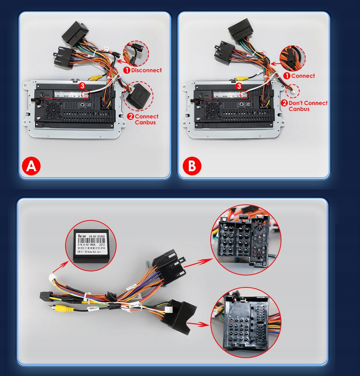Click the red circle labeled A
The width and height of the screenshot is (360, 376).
click(x=32, y=166)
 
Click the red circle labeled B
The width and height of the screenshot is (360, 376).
click(x=192, y=166)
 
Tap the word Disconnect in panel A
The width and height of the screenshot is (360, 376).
click(x=146, y=70)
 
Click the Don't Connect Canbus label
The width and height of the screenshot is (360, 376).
click(x=308, y=106)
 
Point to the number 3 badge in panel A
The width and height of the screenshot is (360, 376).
click(x=82, y=86)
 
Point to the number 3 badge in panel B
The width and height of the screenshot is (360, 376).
click(x=239, y=86)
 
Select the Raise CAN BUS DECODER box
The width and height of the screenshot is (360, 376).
click(x=92, y=246)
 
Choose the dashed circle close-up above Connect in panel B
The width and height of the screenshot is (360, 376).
click(x=292, y=59)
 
